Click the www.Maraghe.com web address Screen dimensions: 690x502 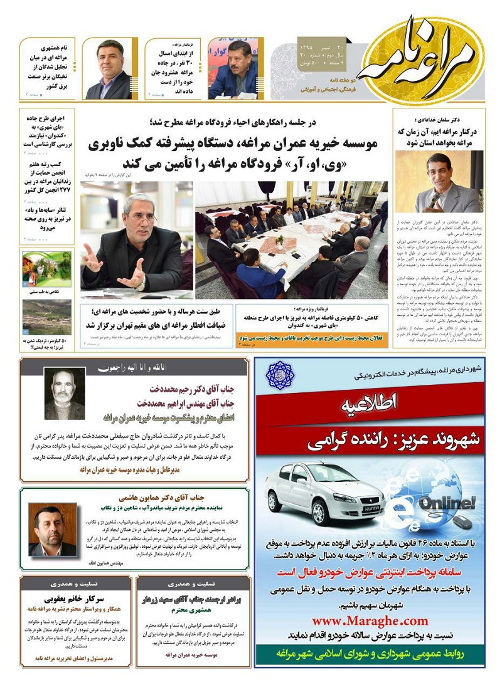pos(370,620)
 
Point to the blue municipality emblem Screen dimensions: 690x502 pos(280,375)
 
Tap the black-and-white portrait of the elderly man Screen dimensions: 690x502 pos(65,394)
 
